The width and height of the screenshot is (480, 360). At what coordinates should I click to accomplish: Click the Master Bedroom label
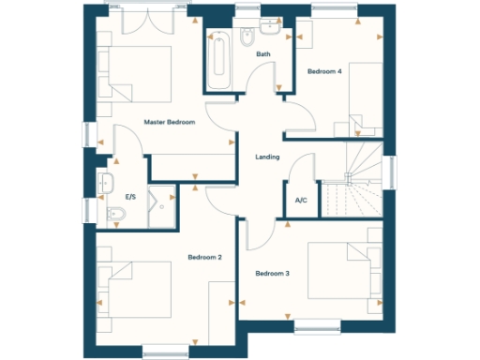pos(169,122)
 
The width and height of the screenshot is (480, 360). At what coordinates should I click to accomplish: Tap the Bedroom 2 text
pos(204,257)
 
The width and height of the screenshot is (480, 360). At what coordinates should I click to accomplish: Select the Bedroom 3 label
pos(272,273)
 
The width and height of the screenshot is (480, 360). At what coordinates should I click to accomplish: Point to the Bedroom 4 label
pos(325,71)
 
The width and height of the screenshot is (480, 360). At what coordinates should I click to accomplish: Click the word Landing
pos(267,157)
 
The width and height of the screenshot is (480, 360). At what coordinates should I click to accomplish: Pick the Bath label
pos(263,54)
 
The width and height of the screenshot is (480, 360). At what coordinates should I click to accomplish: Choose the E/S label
pos(132,198)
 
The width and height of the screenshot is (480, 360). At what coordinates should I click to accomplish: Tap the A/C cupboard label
pos(301,201)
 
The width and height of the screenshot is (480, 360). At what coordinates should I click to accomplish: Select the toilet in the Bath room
pos(247,37)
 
